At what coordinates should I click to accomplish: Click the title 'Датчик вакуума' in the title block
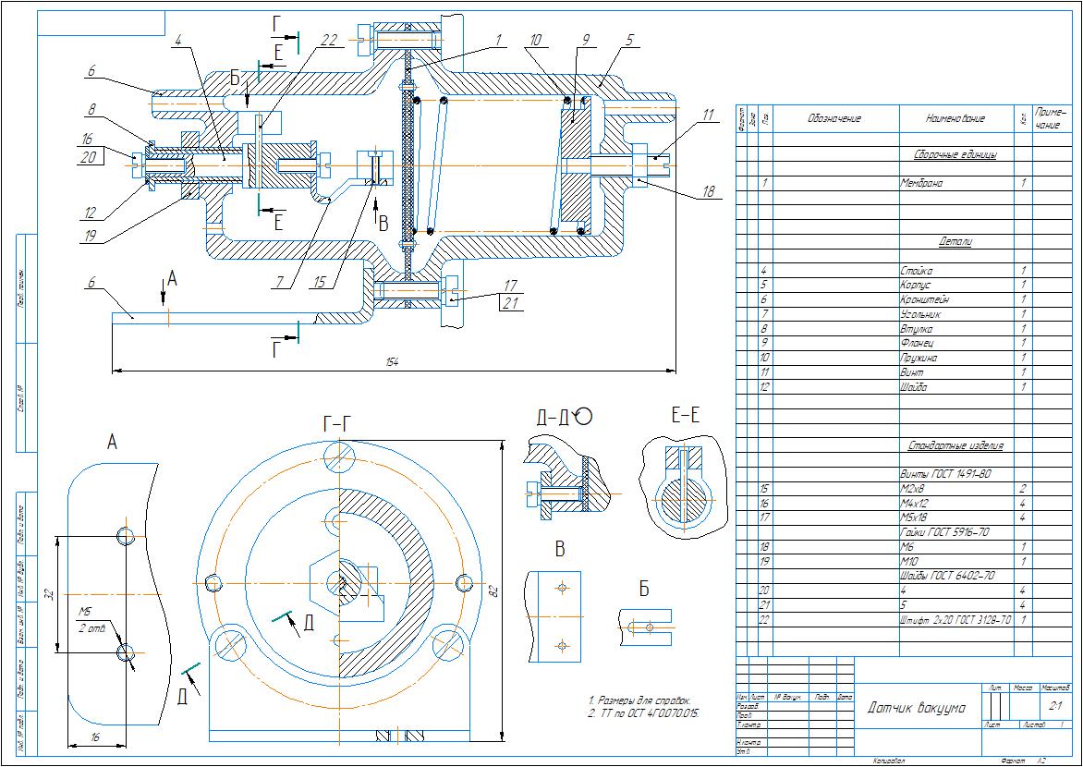click(x=917, y=708)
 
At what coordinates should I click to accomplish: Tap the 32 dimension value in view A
click(x=48, y=592)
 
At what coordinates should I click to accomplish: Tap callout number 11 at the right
click(x=708, y=115)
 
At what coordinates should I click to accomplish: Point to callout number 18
click(x=708, y=192)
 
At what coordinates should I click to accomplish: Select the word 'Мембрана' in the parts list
click(x=921, y=183)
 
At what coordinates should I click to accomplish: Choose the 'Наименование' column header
click(x=955, y=118)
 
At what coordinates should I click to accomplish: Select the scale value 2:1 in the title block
click(x=1053, y=704)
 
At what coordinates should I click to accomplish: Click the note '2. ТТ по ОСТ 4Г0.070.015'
click(x=644, y=714)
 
